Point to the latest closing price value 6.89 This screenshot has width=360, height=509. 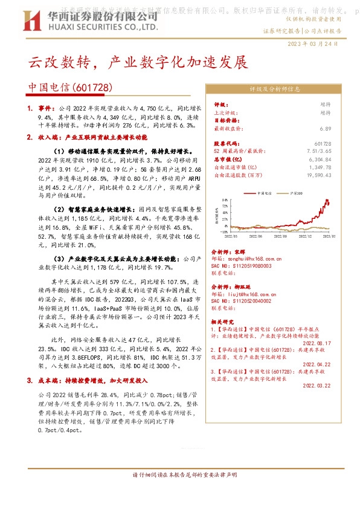pyautogui.click(x=326, y=128)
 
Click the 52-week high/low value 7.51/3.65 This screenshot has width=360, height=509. pyautogui.click(x=320, y=152)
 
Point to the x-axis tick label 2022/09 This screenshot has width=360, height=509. pyautogui.click(x=270, y=238)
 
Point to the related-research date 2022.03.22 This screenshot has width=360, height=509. pyautogui.click(x=316, y=384)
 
